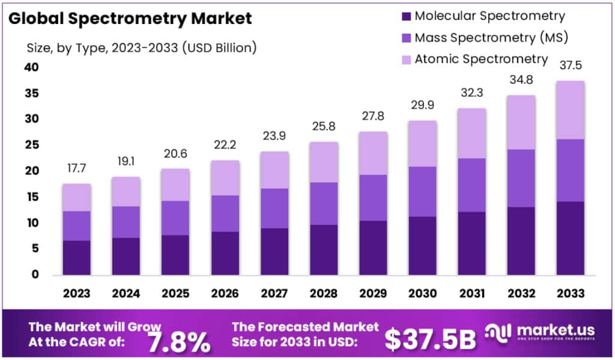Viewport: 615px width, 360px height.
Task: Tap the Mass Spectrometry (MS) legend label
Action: (491, 38)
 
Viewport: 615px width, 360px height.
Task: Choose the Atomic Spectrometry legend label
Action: (481, 59)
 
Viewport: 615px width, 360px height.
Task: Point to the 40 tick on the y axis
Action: (31, 67)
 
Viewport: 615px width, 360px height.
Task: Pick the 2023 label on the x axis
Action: (76, 293)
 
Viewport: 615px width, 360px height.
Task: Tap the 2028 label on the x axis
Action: (323, 293)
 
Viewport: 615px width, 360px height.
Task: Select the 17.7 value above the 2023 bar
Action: (76, 169)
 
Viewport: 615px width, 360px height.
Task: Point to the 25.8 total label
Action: (323, 127)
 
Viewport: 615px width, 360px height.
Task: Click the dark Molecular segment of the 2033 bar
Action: (570, 238)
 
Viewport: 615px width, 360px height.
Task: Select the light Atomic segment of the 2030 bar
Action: (422, 144)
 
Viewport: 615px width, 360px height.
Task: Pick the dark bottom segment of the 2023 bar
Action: (76, 257)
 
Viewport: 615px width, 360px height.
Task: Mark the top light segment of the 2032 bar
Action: (521, 122)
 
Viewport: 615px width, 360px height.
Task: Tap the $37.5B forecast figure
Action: (430, 338)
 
